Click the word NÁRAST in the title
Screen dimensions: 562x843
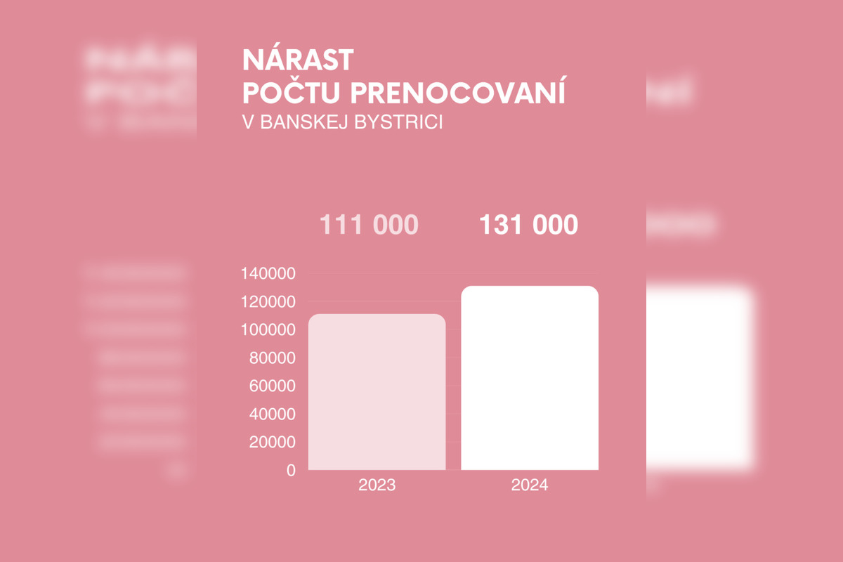pyautogui.click(x=298, y=60)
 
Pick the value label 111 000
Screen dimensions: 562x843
pyautogui.click(x=369, y=226)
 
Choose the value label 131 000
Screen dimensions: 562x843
pyautogui.click(x=529, y=226)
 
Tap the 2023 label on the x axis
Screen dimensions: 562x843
pyautogui.click(x=377, y=485)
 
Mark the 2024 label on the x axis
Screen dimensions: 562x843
pyautogui.click(x=530, y=485)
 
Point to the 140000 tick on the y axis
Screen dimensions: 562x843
pyautogui.click(x=268, y=274)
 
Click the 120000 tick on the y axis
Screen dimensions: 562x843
pyautogui.click(x=268, y=302)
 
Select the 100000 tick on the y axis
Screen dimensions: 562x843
pyautogui.click(x=268, y=330)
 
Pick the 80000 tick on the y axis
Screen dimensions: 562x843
pyautogui.click(x=273, y=358)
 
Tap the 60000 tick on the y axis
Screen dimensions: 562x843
pyautogui.click(x=273, y=386)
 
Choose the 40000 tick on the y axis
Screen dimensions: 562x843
pyautogui.click(x=273, y=414)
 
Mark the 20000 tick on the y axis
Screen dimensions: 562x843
pyautogui.click(x=273, y=443)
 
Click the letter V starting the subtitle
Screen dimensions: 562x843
pyautogui.click(x=247, y=122)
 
